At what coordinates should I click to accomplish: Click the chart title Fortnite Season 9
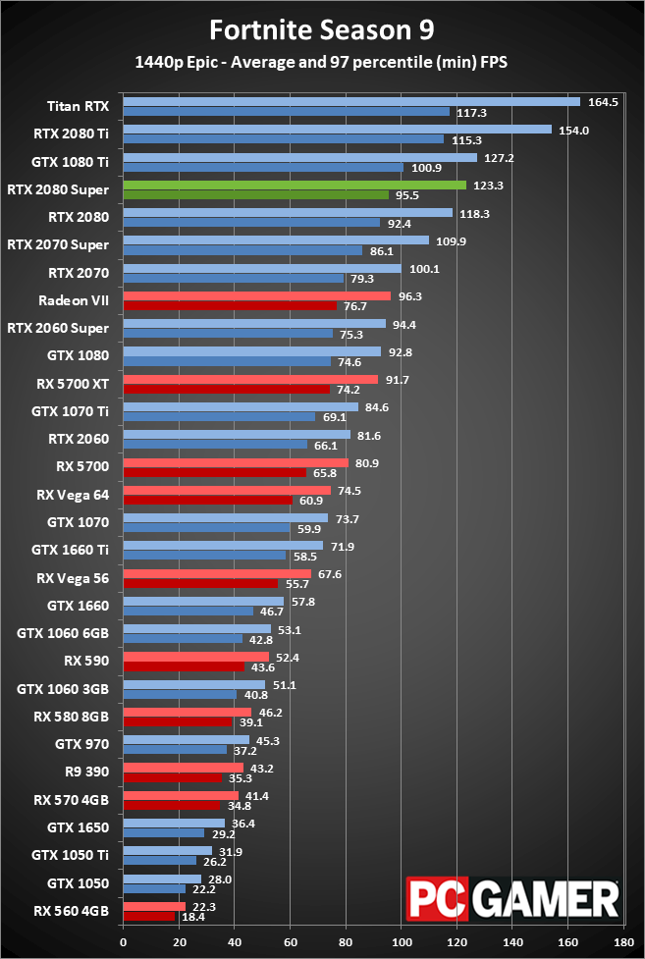[322, 29]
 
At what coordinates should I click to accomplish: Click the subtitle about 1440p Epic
[322, 63]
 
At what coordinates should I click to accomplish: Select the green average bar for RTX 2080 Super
[295, 185]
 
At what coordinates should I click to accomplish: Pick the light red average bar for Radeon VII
[257, 295]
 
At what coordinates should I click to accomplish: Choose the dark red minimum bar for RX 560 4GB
[148, 917]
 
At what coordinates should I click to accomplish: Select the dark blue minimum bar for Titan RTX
[286, 112]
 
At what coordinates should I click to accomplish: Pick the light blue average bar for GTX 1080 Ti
[299, 157]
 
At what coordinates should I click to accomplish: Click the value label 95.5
[407, 195]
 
